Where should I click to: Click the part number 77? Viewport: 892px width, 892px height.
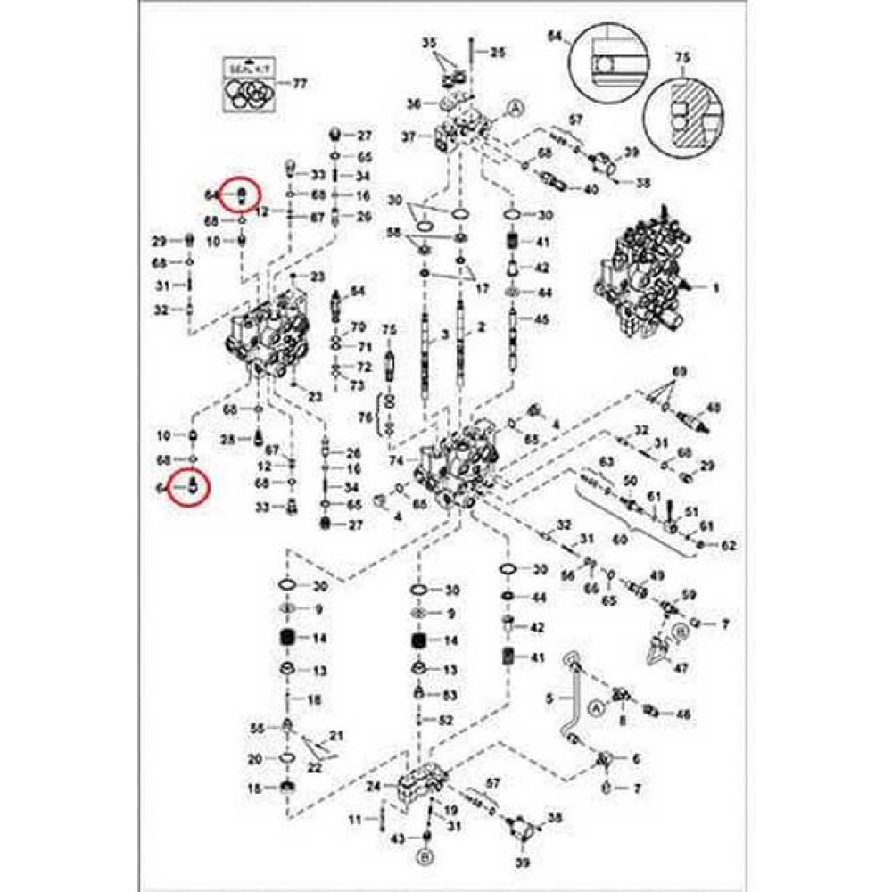coord(300,84)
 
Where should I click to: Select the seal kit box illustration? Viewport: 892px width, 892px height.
coord(250,85)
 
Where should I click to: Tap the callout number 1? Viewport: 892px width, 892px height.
coord(714,288)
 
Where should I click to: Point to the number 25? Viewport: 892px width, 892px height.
coord(497,53)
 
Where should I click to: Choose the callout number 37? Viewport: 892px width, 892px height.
coord(409,136)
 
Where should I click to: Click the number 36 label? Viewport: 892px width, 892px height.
coord(413,103)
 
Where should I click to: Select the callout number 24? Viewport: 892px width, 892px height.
coord(373,787)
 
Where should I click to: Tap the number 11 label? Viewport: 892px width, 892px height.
coord(354,819)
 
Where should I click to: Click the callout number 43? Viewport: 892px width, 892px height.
coord(398,838)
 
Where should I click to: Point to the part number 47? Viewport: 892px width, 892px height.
coord(681,667)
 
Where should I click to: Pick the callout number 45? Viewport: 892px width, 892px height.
coord(541,318)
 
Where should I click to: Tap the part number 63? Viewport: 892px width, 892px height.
coord(607,461)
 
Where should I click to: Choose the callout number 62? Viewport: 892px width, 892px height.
coord(728,543)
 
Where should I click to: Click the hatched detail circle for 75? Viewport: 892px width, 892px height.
coord(682,115)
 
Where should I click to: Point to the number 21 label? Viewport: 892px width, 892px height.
coord(335,735)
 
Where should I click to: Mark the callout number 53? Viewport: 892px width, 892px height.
coord(450,695)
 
